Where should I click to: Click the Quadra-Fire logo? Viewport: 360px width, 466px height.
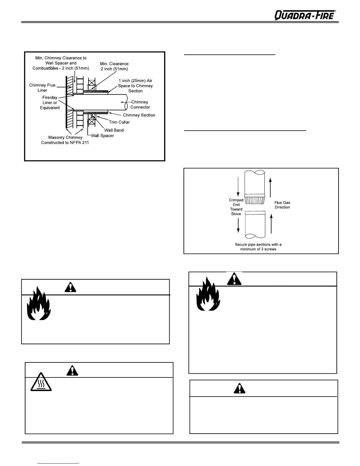pos(305,15)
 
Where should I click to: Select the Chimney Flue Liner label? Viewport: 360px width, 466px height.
pos(42,88)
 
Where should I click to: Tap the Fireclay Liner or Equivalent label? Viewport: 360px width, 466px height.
pos(50,102)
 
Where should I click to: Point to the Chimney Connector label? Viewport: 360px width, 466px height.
pos(140,104)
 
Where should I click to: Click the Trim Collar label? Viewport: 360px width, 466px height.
pos(119,122)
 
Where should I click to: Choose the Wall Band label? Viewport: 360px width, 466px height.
pos(114,130)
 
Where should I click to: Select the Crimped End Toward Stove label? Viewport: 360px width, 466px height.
pos(236,207)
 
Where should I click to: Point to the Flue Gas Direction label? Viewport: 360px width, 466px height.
pos(282,205)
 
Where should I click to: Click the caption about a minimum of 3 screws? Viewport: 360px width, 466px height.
pos(258,247)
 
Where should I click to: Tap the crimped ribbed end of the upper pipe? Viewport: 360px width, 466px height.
pos(255,200)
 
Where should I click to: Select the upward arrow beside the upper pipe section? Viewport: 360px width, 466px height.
pos(271,187)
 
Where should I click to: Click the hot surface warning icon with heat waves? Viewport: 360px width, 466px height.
pos(41,382)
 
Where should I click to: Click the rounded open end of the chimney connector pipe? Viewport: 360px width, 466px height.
pos(126,102)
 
